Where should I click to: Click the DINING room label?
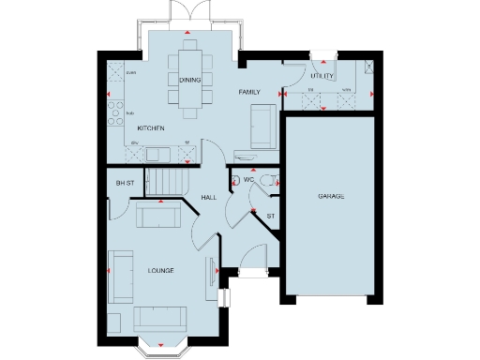189,81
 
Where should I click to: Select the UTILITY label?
322,76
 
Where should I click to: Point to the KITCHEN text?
151,127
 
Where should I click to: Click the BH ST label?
124,183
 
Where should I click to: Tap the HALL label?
210,198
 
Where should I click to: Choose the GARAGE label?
330,198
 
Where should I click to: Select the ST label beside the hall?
271,217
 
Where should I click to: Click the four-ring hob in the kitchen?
115,117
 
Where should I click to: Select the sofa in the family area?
262,126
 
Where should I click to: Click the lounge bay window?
163,348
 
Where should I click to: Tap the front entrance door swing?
252,258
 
